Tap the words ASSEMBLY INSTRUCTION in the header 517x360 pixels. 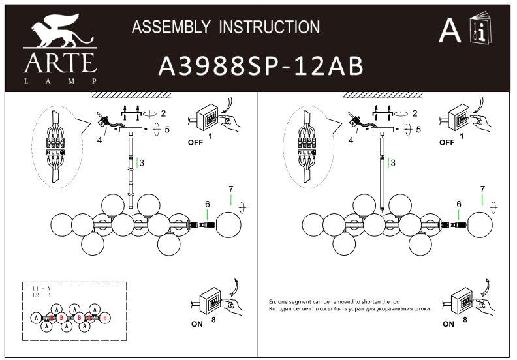point(226,27)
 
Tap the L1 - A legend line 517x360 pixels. point(40,288)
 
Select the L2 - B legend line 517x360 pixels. point(40,295)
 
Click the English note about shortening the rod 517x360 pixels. point(334,303)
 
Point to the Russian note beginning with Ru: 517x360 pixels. point(351,310)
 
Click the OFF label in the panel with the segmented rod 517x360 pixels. point(194,141)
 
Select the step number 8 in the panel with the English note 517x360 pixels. point(465,320)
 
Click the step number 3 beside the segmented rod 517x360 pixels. point(141,162)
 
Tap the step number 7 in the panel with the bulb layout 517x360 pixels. point(230,189)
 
